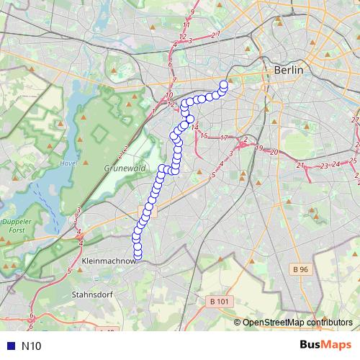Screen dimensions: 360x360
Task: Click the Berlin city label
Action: pos(288,70)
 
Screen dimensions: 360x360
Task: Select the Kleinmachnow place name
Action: pos(109,261)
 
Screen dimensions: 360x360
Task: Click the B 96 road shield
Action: pos(301,269)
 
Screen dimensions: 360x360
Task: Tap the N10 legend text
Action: pos(32,346)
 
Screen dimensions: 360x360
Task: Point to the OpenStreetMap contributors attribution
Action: pos(297,323)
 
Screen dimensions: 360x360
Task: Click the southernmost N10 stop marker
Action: pos(138,252)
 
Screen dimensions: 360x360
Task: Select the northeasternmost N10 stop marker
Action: pos(223,85)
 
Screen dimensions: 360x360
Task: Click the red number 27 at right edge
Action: pos(354,120)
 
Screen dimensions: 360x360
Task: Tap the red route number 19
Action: pos(258,148)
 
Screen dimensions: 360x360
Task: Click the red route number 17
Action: pos(224,138)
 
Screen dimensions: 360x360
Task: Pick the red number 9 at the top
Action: pos(192,12)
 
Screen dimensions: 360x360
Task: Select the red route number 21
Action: pos(300,165)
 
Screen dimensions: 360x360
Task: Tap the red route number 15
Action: pos(204,135)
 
